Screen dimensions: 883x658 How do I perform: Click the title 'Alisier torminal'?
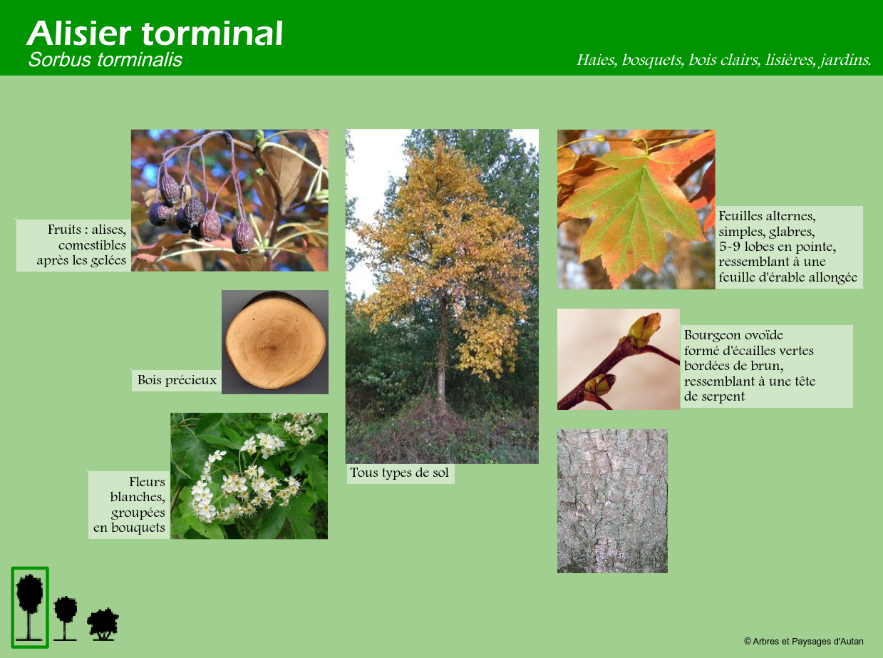point(155,34)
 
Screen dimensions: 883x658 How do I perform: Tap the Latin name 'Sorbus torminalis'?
point(105,60)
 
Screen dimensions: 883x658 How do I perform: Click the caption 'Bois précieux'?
point(177,380)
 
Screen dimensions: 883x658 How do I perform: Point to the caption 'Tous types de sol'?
point(399,473)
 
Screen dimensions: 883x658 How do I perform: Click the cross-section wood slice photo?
point(275,342)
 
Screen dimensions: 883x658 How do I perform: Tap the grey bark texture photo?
point(612,501)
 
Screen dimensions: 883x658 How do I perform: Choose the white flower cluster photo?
point(249,475)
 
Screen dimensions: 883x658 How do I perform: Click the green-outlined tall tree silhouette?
point(30,607)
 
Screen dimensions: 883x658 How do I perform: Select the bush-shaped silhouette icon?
point(103,624)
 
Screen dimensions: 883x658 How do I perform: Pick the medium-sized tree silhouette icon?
point(66,618)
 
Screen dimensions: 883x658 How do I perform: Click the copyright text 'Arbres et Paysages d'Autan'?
point(803,642)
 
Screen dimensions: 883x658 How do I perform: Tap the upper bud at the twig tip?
point(644,329)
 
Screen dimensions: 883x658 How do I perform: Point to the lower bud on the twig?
point(600,384)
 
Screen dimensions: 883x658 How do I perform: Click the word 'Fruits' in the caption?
point(64,230)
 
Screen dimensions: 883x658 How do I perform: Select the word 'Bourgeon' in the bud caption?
point(711,336)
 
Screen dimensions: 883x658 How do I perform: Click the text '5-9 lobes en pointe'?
point(777,247)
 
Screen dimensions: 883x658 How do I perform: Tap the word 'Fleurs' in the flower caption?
point(147,481)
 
